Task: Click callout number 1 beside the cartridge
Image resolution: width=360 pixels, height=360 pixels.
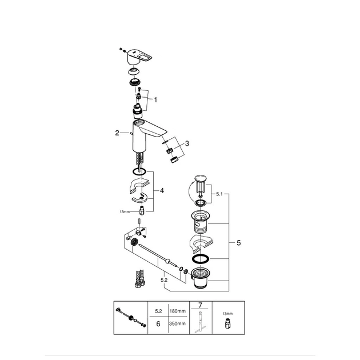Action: tap(155, 100)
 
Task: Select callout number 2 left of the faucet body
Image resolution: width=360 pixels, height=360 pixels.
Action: tap(117, 133)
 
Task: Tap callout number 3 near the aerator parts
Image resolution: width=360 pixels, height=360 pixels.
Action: tap(187, 143)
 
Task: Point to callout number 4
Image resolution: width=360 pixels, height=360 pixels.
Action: tap(162, 190)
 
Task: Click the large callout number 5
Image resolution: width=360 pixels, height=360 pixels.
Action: tap(239, 243)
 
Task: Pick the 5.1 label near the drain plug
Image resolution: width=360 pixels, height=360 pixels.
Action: tap(219, 194)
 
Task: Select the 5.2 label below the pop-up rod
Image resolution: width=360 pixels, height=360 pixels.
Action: tap(164, 280)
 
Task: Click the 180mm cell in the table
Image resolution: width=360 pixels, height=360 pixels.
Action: tap(178, 311)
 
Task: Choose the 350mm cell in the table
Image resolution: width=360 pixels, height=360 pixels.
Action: tap(178, 323)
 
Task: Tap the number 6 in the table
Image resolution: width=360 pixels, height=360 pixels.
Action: tap(158, 324)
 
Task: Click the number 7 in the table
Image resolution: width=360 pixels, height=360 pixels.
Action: tap(201, 305)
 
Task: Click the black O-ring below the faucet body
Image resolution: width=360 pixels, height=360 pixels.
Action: tap(139, 171)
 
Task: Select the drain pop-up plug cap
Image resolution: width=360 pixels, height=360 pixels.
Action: tap(201, 178)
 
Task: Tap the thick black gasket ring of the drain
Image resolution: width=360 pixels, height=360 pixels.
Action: tap(201, 259)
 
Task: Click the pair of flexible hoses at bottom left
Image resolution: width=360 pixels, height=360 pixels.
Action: tap(140, 278)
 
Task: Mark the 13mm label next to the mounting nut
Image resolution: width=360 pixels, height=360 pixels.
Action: tap(125, 211)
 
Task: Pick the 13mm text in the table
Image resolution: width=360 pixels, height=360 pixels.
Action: tap(227, 313)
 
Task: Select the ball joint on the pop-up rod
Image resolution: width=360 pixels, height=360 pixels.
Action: tap(169, 261)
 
